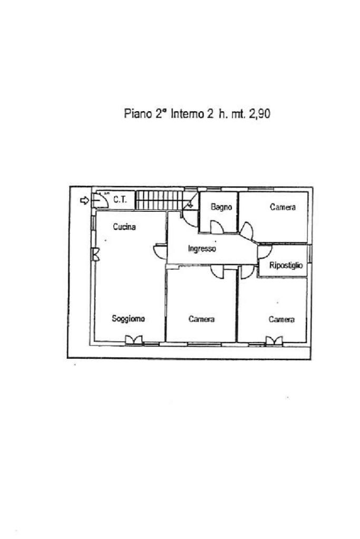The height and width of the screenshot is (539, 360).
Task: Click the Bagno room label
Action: coord(221,207)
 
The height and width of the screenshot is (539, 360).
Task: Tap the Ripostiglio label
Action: coord(286,266)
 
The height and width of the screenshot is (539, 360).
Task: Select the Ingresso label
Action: coord(202,249)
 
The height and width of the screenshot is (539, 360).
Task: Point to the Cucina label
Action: coord(124,227)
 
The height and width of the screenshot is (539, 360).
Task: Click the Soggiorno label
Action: coord(128,318)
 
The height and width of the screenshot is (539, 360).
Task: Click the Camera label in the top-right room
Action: coord(283,207)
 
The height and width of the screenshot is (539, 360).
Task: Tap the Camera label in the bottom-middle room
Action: coord(201,319)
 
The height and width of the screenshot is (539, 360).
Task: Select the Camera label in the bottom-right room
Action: coord(281,319)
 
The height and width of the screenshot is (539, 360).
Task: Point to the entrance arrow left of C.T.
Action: coord(84,200)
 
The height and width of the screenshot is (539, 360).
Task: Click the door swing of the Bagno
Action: coord(217,227)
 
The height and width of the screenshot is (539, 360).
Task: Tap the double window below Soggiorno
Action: coord(134,341)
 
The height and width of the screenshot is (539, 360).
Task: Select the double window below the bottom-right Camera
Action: coord(274,341)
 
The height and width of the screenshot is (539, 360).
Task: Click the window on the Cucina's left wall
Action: coord(95,254)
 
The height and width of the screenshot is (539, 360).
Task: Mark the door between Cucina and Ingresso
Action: coord(160,251)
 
